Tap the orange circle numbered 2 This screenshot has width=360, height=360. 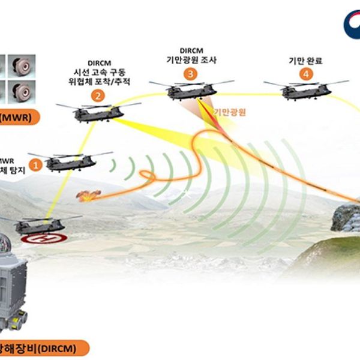pos(97,95)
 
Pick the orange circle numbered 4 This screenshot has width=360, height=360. pos(307,74)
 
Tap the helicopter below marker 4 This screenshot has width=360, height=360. pos(306,90)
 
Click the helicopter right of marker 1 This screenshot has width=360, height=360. pos(69,161)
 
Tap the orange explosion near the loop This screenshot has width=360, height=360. pos(88,194)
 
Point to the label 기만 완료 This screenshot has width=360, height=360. pos(307,60)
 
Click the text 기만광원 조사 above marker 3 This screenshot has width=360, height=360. pos(190,60)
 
